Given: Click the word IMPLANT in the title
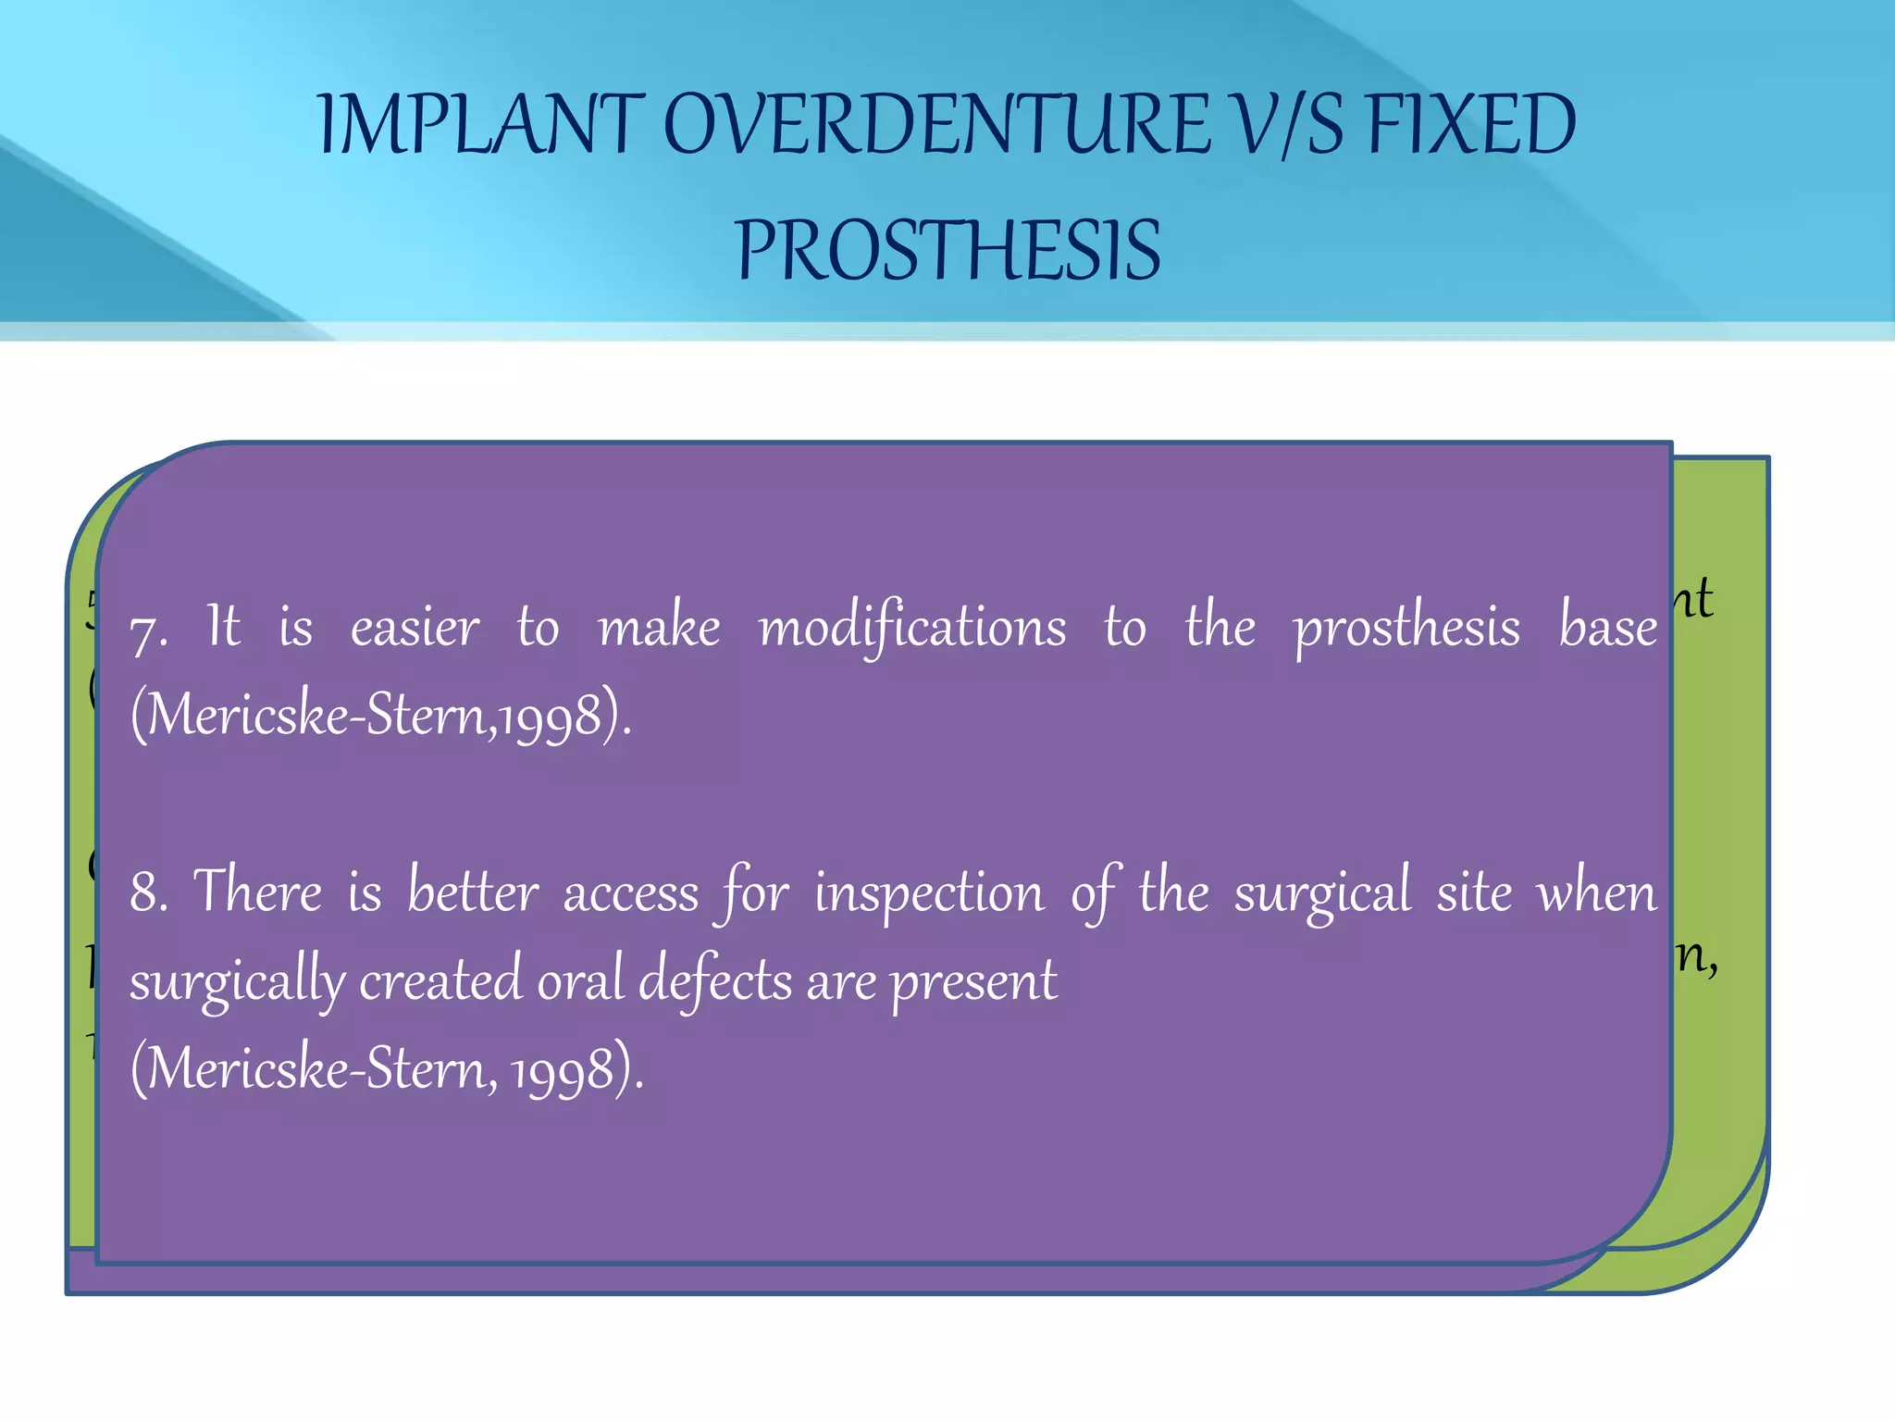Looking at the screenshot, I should point(480,125).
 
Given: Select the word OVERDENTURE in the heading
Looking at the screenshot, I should point(935,125).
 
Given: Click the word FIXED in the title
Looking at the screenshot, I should point(1470,125).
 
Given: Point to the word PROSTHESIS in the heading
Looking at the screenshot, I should point(947,251).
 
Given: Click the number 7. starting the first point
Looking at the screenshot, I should point(149,632).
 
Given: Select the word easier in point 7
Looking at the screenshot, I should point(415,628).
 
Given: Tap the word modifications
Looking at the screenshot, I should point(911,628).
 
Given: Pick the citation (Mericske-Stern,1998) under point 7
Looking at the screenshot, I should point(380,716).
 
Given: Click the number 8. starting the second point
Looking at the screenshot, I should point(149,892).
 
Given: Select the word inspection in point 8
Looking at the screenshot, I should point(928,892).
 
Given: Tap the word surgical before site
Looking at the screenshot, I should point(1322,894).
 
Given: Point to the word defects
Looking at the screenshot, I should point(714,980).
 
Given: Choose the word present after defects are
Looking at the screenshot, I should point(973,982).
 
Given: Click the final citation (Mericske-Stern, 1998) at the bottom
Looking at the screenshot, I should point(386,1069).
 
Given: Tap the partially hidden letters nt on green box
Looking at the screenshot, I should point(1695,599).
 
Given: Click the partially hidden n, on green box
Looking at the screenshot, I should point(1698,958).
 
